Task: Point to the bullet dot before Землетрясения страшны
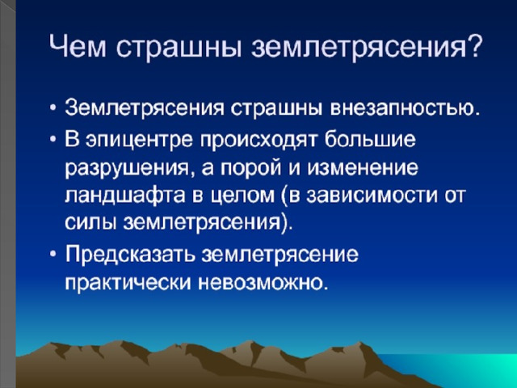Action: [x=53, y=109]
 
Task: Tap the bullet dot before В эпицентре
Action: [x=53, y=139]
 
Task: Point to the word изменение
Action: [x=363, y=168]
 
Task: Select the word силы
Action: [x=90, y=223]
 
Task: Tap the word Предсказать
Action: [x=129, y=255]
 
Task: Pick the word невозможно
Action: [x=259, y=283]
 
